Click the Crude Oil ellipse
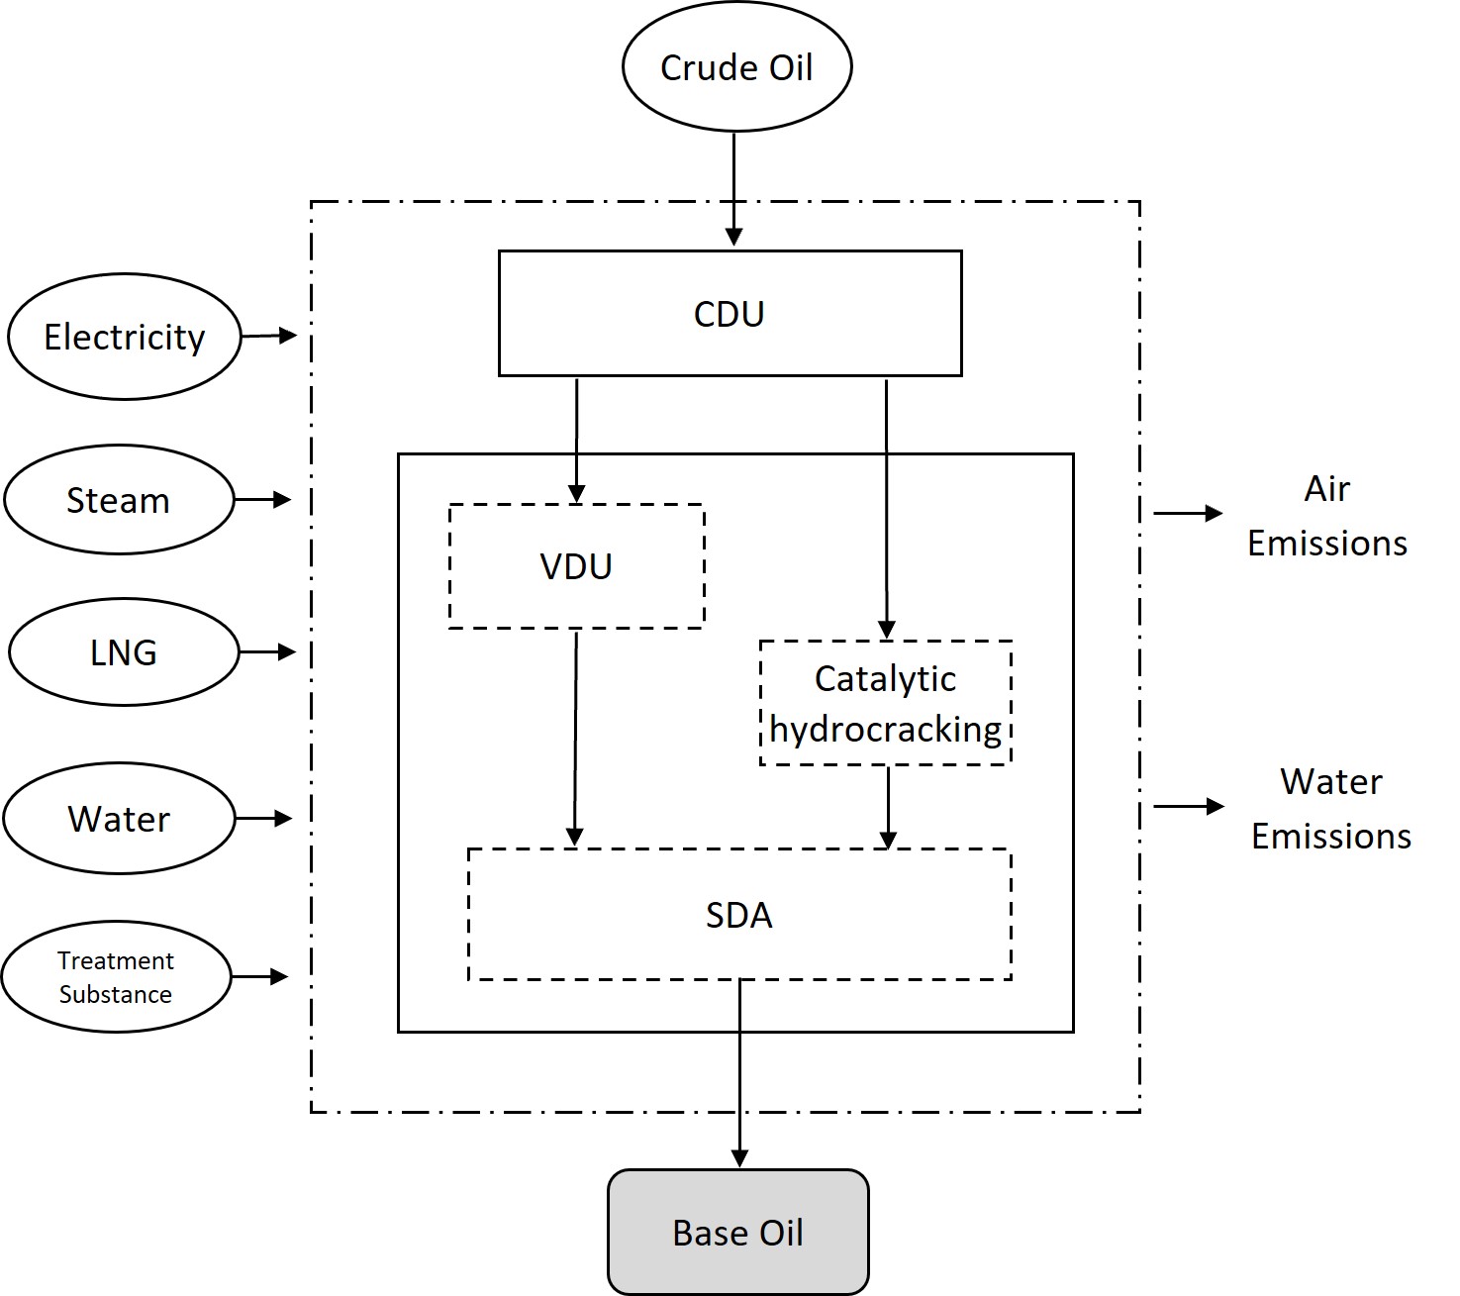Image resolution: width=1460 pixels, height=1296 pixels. [736, 67]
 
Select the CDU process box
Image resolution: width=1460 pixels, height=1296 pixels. [730, 314]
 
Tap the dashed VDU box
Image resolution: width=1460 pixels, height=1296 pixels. [576, 566]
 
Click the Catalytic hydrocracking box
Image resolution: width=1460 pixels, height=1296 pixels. [885, 703]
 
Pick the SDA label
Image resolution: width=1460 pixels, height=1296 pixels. [738, 915]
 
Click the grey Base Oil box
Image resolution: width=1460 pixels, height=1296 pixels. [737, 1232]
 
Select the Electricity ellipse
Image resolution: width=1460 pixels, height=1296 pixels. [124, 337]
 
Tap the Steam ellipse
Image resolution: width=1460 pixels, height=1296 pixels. [119, 500]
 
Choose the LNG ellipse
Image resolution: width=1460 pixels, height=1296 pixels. [124, 651]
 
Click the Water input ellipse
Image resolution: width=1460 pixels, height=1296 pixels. [119, 819]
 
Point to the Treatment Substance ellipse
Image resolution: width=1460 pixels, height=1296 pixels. [116, 977]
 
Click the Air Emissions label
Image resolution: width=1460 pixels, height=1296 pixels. [1326, 516]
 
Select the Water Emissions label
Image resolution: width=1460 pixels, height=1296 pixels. [1330, 809]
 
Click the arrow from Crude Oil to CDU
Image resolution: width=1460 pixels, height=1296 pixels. [733, 188]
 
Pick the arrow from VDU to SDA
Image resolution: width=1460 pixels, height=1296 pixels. [575, 738]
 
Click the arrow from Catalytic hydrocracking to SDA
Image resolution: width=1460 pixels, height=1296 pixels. [888, 806]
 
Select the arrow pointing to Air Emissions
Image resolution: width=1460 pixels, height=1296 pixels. [1188, 513]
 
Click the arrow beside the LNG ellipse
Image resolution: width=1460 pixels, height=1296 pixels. [267, 651]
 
